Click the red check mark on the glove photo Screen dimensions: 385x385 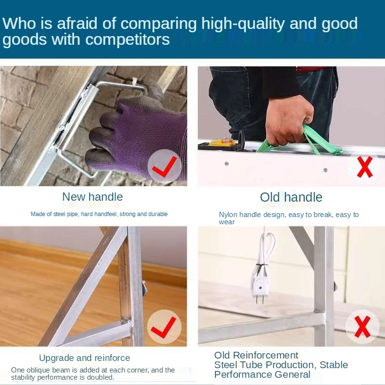164,167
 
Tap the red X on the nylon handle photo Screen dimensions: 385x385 365,167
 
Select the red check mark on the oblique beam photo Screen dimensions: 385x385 164,327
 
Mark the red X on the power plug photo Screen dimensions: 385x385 362,327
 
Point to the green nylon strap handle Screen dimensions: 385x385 307,142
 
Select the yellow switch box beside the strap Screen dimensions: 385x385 225,142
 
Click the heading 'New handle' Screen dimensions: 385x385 92,197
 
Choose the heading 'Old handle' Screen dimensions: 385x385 291,197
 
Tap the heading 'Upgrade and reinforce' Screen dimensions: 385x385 85,358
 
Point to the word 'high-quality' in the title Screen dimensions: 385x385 243,24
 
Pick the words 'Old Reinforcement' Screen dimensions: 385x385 256,355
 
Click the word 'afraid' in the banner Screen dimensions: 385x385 77,23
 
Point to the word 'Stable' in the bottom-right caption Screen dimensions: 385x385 334,365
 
